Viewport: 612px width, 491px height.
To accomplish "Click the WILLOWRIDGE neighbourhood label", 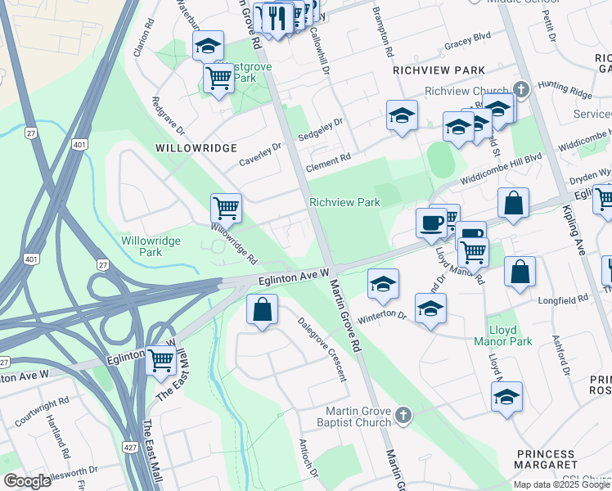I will point(196,148).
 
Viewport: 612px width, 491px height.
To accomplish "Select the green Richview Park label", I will point(344,202).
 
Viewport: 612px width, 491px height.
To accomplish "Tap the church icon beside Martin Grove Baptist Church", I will point(403,417).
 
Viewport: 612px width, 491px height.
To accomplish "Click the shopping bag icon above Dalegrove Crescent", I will point(262,310).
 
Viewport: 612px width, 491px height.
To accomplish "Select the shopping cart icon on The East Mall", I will point(161,358).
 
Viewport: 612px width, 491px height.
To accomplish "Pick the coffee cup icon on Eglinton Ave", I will point(431,221).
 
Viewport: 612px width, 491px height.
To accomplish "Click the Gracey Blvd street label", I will point(467,47).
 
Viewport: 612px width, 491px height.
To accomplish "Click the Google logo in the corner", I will point(27,481).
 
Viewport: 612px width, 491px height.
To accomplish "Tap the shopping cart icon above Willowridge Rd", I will point(226,208).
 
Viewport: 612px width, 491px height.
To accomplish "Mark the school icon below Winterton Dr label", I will point(430,308).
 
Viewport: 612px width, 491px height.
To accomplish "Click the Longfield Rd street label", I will point(565,300).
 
